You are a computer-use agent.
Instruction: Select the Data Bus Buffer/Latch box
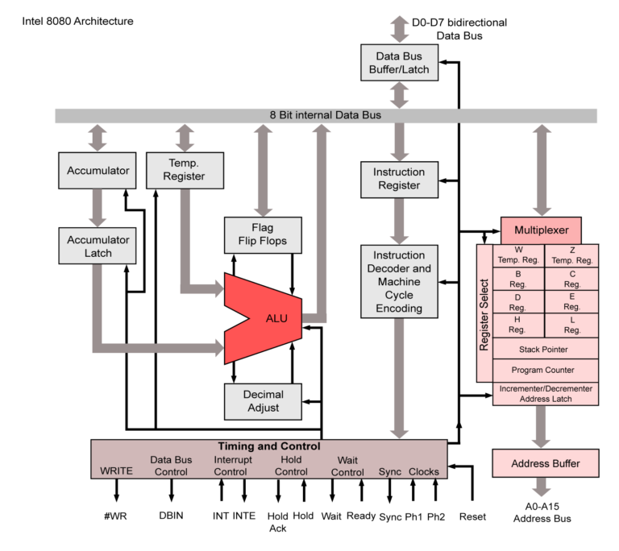pos(399,63)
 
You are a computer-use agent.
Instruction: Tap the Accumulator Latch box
pos(98,246)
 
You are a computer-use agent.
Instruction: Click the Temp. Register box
pos(184,171)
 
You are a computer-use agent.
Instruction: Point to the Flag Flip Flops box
pos(263,234)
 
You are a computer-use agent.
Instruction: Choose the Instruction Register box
pos(399,179)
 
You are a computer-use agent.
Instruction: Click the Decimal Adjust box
pos(263,401)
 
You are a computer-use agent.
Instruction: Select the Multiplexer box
pos(541,230)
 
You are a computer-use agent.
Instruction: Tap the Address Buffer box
pos(546,463)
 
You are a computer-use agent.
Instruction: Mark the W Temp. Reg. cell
pos(519,255)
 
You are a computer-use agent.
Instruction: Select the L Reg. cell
pos(572,325)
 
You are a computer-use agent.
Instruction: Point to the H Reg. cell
pos(519,325)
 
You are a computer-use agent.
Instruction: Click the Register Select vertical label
pos(484,314)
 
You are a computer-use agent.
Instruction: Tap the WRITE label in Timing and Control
pos(116,471)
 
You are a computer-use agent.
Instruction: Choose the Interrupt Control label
pos(233,466)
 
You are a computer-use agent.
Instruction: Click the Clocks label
pos(424,471)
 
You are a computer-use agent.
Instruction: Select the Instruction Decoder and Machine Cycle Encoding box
pos(399,282)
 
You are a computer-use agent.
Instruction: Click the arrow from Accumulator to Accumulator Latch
pos(98,208)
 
